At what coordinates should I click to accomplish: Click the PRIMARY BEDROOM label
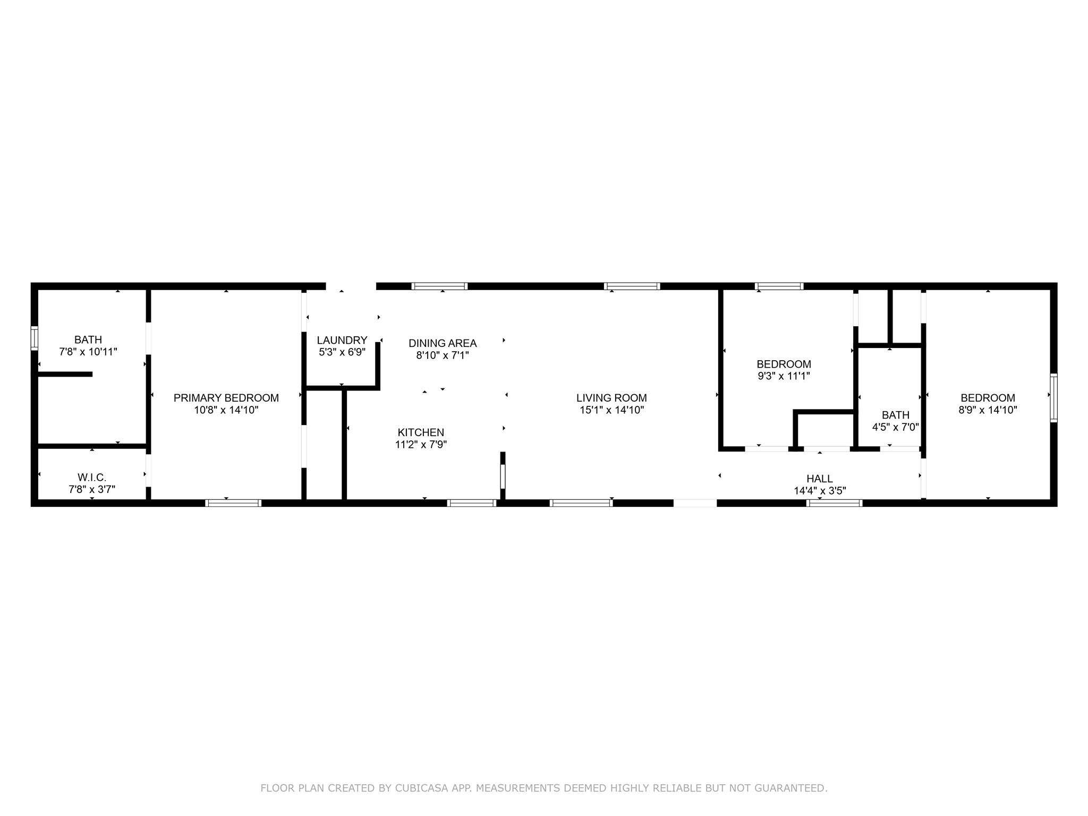pos(226,398)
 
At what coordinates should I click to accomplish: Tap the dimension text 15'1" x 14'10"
pos(611,410)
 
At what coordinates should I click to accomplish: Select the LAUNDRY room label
pos(342,341)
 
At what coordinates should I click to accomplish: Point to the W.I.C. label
pos(92,478)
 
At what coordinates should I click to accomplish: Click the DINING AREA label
pos(443,343)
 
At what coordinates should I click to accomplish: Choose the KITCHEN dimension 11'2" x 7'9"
pos(421,445)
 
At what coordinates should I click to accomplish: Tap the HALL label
pos(819,479)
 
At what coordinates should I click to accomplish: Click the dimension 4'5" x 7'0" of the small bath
pos(895,427)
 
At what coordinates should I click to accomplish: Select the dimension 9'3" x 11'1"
pos(784,376)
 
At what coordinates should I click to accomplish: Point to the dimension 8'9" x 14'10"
pos(988,410)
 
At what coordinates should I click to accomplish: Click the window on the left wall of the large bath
pos(35,338)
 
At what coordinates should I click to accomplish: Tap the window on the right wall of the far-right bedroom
pos(1053,398)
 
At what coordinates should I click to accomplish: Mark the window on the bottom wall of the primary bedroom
pos(233,503)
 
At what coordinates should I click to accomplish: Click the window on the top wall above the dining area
pos(439,286)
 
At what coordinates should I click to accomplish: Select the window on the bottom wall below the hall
pos(834,503)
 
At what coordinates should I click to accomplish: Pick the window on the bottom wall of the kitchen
pos(472,503)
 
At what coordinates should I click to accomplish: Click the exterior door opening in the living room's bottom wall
pos(695,503)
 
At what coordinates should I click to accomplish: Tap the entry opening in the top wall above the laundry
pos(351,286)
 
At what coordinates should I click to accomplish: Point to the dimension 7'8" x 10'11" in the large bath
pos(88,352)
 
